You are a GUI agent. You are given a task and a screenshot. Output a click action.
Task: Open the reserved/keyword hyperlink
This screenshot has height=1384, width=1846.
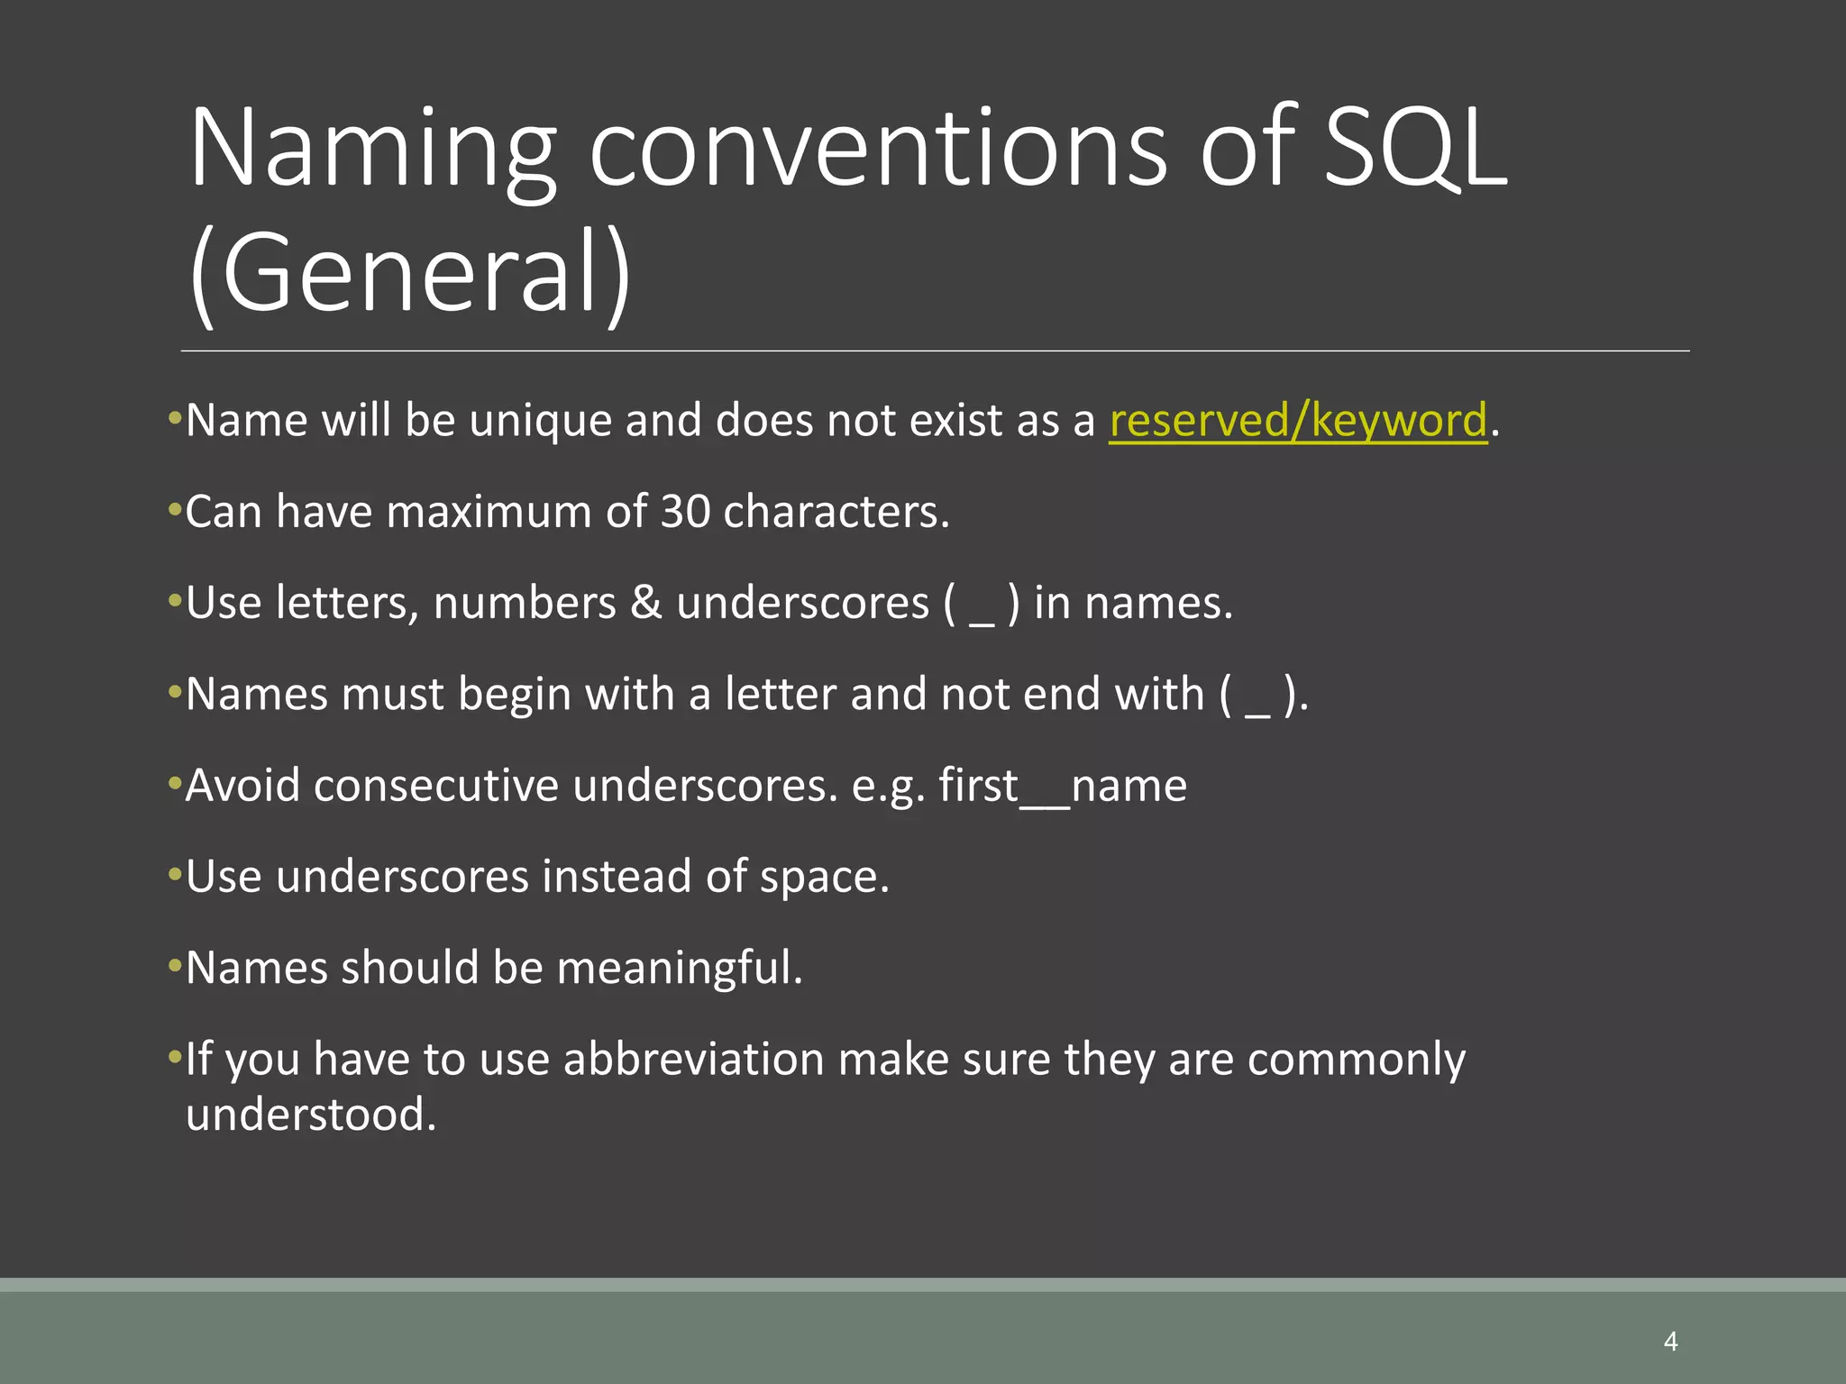pyautogui.click(x=1297, y=421)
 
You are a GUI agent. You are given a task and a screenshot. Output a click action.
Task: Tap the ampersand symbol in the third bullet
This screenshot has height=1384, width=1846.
pyautogui.click(x=645, y=603)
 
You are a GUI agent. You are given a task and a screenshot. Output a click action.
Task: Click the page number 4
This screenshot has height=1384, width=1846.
pyautogui.click(x=1670, y=1342)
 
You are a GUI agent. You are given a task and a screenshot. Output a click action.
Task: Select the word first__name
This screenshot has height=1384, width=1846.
pyautogui.click(x=1063, y=786)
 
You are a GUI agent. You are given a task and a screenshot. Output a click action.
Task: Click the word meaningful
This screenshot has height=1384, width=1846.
pyautogui.click(x=679, y=969)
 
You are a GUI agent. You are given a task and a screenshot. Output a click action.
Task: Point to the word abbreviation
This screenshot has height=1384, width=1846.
pyautogui.click(x=693, y=1059)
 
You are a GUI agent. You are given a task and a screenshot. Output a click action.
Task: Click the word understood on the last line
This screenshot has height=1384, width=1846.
pyautogui.click(x=310, y=1115)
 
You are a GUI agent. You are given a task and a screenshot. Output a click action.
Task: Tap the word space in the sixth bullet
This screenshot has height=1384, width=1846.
pyautogui.click(x=823, y=877)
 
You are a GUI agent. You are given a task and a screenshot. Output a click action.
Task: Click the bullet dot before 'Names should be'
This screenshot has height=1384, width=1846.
pyautogui.click(x=175, y=967)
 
